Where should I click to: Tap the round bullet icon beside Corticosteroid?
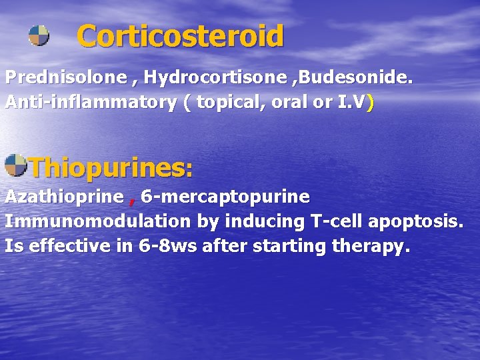[39, 35]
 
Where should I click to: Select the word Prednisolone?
[66, 78]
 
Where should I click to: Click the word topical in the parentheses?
[230, 103]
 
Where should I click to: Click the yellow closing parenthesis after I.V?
[370, 103]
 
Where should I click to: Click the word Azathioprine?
[64, 197]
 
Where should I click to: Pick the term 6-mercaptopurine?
[225, 197]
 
